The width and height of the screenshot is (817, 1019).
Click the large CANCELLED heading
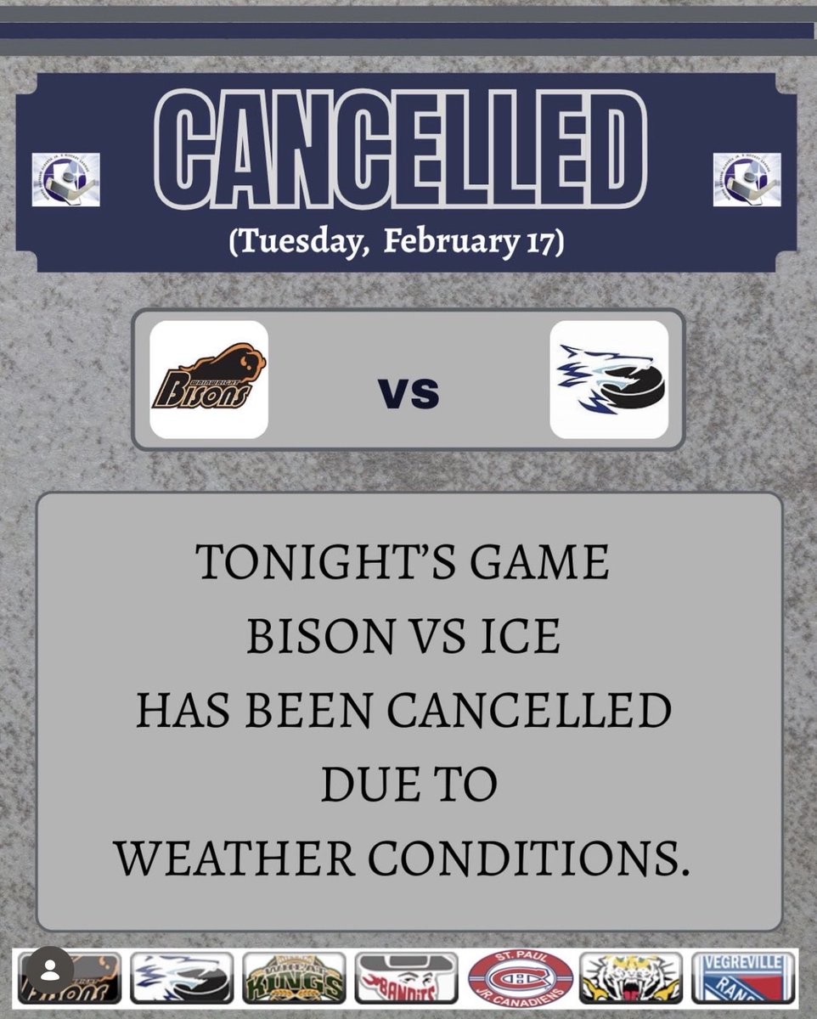pyautogui.click(x=402, y=149)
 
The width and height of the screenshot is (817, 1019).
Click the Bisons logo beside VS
pyautogui.click(x=208, y=380)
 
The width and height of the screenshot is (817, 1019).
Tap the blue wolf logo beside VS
pyautogui.click(x=609, y=380)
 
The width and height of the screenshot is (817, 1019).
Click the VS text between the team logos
pyautogui.click(x=408, y=392)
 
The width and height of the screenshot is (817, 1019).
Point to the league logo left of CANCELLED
pyautogui.click(x=66, y=179)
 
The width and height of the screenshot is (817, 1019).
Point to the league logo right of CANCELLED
pyautogui.click(x=747, y=179)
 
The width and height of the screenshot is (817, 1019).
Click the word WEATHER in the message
pyautogui.click(x=235, y=859)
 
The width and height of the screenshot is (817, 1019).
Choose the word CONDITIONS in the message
pyautogui.click(x=528, y=859)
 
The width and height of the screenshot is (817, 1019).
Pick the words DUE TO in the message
pyautogui.click(x=408, y=785)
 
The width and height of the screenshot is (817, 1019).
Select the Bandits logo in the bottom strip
pyautogui.click(x=406, y=977)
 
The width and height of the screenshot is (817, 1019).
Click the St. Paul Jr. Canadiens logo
pyautogui.click(x=521, y=977)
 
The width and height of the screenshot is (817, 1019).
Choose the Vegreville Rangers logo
pyautogui.click(x=743, y=977)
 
